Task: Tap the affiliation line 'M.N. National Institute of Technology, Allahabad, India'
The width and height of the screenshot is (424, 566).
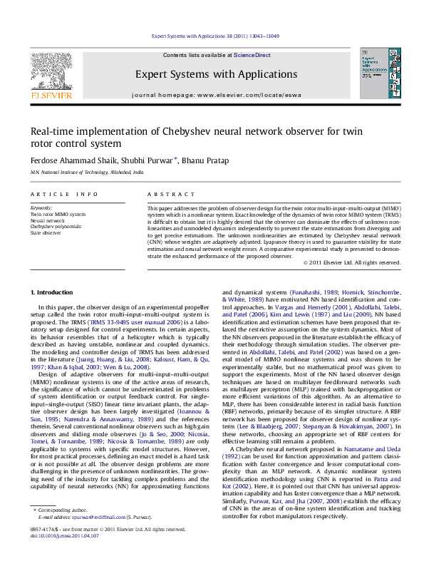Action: point(86,173)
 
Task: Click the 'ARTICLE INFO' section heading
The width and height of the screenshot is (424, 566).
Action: point(64,194)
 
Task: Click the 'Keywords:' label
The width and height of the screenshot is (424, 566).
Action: point(41,207)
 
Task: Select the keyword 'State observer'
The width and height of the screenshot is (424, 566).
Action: point(45,232)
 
